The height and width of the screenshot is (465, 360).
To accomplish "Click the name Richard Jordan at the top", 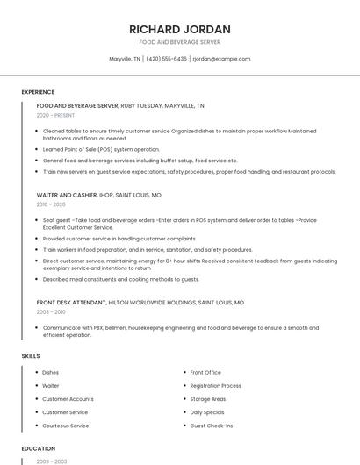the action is [180, 29].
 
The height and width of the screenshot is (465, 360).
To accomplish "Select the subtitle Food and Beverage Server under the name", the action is [180, 42].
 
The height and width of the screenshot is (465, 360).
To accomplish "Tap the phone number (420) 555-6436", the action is [166, 59].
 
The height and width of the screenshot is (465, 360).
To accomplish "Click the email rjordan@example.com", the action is [221, 59].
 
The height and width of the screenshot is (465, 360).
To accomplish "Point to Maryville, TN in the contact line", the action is [125, 59].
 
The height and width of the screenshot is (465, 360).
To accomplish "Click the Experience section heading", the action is [38, 92].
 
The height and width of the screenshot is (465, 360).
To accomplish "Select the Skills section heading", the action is [31, 356].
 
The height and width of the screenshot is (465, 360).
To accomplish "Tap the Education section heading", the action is [38, 447].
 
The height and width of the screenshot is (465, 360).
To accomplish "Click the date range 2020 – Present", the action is [55, 115].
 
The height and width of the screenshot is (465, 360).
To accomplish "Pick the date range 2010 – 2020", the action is [51, 204].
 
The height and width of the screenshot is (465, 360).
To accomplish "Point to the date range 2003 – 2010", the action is [51, 311].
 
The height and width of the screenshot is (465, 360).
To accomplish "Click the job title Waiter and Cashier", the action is [67, 195].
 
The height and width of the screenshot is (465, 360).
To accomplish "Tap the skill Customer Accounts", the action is [68, 399].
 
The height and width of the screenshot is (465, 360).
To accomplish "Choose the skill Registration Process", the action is [215, 386].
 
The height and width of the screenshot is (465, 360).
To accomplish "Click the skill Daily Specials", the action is [207, 412].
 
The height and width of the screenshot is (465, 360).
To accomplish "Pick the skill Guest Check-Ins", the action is [212, 426].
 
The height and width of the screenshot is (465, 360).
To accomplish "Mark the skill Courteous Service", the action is [66, 426].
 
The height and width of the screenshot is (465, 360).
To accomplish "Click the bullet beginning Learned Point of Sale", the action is [101, 149].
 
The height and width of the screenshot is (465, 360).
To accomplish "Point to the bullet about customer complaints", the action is [119, 239].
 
